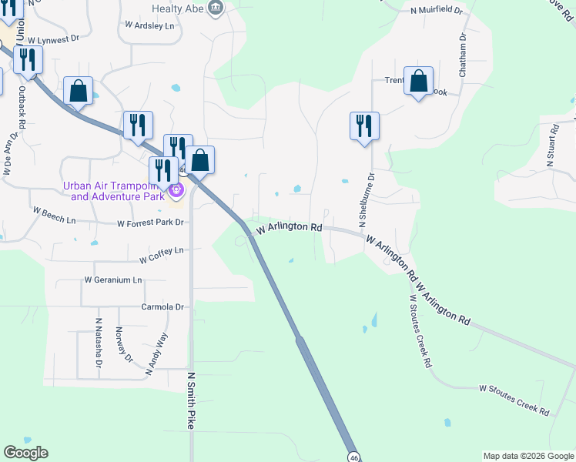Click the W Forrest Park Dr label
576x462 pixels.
152,223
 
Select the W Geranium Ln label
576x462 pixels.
113,280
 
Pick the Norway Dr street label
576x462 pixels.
124,344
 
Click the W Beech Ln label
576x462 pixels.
54,210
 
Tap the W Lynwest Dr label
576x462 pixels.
54,38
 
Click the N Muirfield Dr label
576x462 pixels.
437,11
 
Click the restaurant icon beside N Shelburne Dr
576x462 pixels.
364,126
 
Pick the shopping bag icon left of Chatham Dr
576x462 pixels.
418,81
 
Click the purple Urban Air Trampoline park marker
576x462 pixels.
176,189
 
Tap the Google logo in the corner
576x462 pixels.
25,453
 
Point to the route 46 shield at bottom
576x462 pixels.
353,457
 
